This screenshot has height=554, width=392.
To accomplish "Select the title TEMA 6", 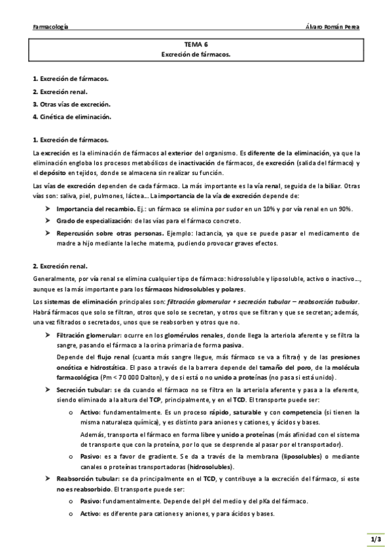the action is click(x=196, y=44).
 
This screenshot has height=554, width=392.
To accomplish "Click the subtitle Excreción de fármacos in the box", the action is click(x=196, y=55).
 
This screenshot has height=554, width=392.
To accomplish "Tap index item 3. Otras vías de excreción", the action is click(x=71, y=104).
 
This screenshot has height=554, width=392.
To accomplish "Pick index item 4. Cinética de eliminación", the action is click(x=72, y=117).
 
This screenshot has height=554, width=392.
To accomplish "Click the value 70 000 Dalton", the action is click(x=122, y=378).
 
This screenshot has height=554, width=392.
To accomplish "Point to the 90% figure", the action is click(x=344, y=208).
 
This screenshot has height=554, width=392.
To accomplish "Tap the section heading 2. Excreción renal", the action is click(x=60, y=266).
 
